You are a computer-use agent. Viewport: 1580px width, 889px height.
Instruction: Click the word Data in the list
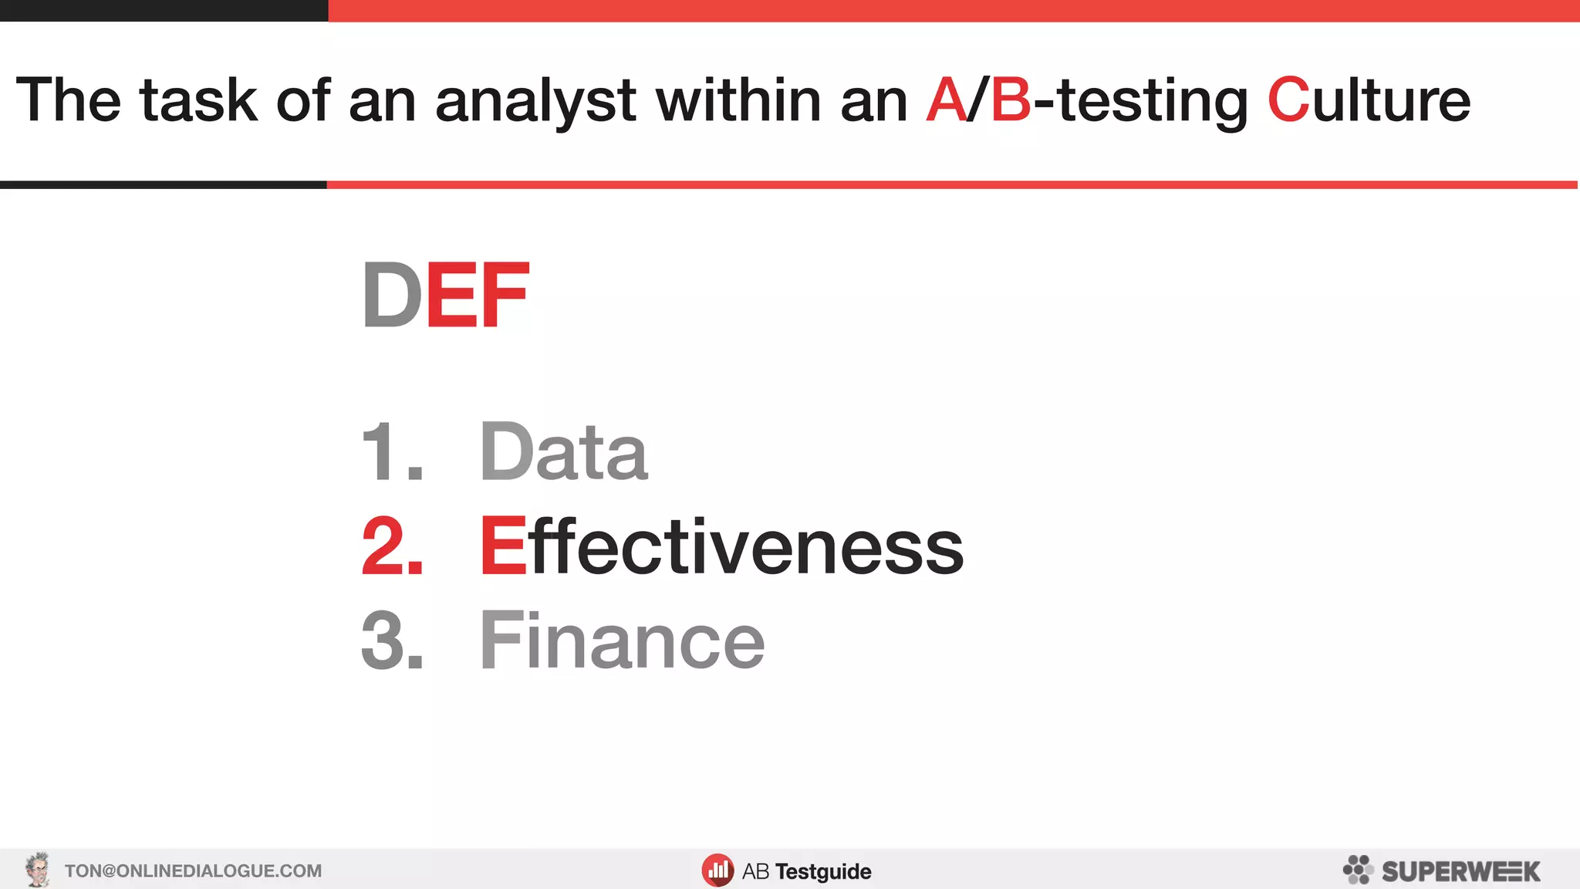(563, 451)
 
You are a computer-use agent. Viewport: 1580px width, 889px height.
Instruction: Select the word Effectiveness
(721, 546)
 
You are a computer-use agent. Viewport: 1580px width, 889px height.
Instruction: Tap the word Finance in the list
(622, 641)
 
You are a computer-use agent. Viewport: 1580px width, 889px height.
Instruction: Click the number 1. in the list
(392, 452)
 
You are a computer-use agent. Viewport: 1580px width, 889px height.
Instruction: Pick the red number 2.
(392, 546)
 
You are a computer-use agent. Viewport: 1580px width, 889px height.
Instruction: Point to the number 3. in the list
(392, 641)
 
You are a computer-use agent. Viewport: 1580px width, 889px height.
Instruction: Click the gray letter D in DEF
(392, 295)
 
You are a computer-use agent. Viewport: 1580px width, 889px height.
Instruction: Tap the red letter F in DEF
(505, 295)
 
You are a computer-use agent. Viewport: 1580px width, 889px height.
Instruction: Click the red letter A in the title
(946, 100)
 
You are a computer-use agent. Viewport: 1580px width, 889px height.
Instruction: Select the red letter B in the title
(1011, 100)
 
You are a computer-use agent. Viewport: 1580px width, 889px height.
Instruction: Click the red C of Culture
(1288, 100)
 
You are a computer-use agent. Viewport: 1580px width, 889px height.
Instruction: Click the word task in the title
(198, 100)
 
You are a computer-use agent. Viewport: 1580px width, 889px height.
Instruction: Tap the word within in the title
(738, 100)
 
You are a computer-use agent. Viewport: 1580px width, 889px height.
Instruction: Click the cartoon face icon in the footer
(37, 870)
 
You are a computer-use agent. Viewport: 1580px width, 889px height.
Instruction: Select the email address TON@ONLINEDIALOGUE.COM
(193, 871)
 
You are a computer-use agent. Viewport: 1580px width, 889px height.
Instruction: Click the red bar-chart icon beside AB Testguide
(717, 870)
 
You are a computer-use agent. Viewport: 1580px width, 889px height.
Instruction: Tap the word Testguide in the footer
(823, 872)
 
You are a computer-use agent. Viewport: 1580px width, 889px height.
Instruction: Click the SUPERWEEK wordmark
(1460, 871)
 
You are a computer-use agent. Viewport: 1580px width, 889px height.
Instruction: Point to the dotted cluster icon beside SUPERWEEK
(1358, 870)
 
